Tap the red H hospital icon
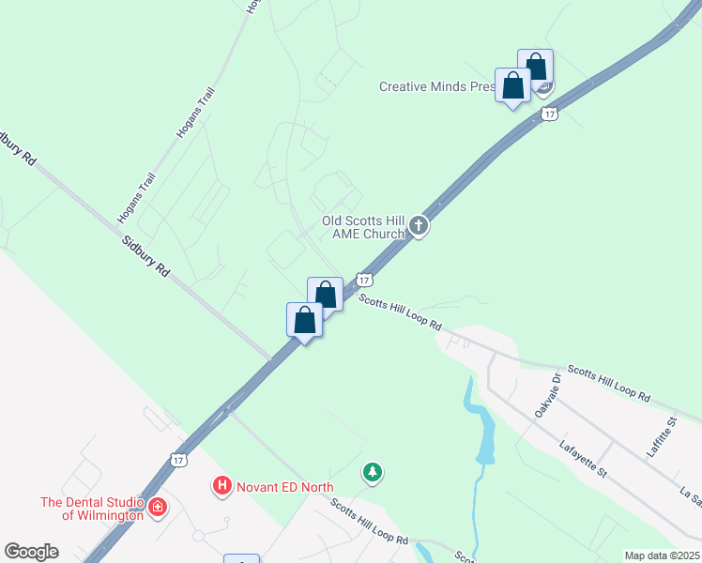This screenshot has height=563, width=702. [x=222, y=485]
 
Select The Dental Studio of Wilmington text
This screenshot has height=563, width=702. [x=91, y=508]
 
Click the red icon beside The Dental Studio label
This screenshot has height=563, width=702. [x=158, y=508]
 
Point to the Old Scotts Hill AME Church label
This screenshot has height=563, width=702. [x=362, y=227]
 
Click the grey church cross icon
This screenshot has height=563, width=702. [x=419, y=226]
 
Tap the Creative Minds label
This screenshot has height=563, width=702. [x=436, y=86]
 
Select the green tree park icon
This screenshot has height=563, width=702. [x=374, y=472]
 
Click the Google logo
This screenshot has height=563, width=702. [x=31, y=552]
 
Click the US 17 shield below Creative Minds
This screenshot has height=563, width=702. [x=550, y=114]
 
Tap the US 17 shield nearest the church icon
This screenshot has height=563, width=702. [x=365, y=280]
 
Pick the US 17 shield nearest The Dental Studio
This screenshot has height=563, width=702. [x=178, y=460]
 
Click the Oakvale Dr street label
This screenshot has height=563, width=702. [x=554, y=389]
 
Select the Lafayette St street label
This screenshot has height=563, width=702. [x=582, y=459]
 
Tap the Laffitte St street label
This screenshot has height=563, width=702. [x=661, y=436]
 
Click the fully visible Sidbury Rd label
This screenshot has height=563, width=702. [x=145, y=254]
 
